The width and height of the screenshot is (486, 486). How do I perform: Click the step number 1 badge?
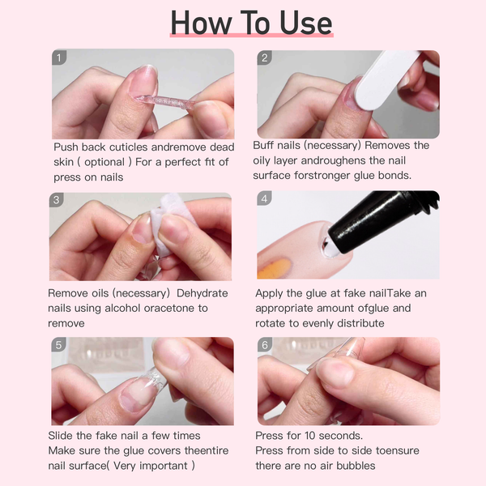click(60, 58)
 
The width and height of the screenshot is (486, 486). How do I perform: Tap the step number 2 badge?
click(264, 58)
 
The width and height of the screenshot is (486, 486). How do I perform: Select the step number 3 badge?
click(56, 200)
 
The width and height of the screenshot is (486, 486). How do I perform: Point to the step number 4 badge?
click(264, 200)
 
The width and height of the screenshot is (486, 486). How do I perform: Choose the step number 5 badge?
click(59, 345)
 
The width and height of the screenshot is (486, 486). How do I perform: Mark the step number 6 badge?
click(264, 345)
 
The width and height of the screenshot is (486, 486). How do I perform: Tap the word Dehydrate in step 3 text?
click(202, 293)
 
